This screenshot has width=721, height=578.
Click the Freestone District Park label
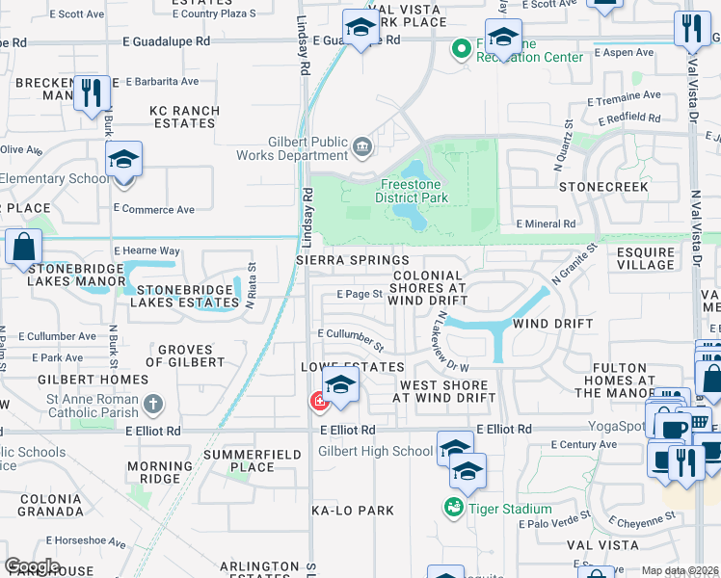(414, 191)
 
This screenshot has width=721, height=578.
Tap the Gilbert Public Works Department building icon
(361, 146)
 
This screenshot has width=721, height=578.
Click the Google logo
(32, 566)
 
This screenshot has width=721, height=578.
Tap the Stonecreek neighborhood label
(603, 186)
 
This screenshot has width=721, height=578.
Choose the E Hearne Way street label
(147, 250)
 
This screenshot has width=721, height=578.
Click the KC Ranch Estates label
(185, 117)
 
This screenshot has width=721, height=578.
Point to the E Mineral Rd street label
(546, 223)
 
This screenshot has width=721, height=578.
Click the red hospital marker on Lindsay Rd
(317, 401)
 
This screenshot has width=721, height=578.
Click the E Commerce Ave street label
(153, 209)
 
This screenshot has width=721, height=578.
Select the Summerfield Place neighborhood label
(240, 460)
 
